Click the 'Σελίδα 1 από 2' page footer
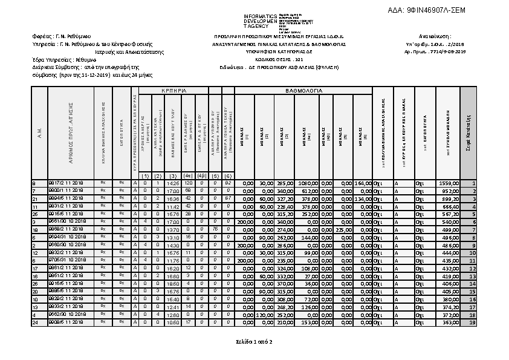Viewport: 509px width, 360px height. [254, 342]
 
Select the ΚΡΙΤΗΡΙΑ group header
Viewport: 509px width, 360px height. [173, 90]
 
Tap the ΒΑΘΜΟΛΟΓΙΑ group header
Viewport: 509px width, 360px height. [303, 90]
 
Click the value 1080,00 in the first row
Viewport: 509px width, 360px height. [309, 183]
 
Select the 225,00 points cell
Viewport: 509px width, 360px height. [344, 230]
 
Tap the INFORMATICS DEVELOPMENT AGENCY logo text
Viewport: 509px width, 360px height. [260, 21]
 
